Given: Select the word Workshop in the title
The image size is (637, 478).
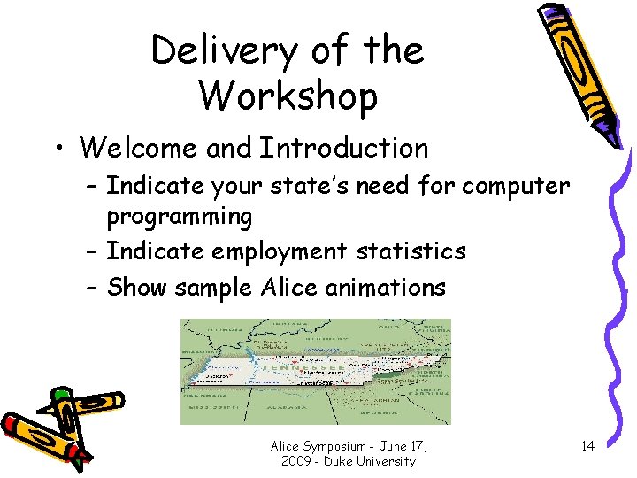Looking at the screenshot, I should (288, 96).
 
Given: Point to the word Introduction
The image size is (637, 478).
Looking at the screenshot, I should (343, 148).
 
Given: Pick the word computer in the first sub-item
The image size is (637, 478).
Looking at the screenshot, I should (517, 187).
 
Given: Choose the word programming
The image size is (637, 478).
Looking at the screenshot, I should (180, 217).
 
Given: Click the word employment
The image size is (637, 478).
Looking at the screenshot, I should (279, 252).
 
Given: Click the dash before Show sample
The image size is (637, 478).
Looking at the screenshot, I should (93, 288).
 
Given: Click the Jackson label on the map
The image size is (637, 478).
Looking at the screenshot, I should (219, 375).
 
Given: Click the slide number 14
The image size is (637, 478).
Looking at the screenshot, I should (587, 446).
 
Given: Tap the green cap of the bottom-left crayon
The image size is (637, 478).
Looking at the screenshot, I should (60, 395).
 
